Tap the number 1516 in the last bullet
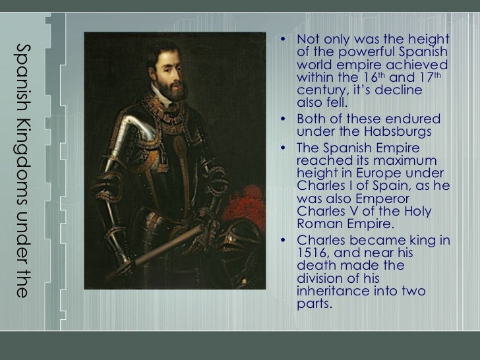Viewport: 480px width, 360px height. (311, 254)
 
